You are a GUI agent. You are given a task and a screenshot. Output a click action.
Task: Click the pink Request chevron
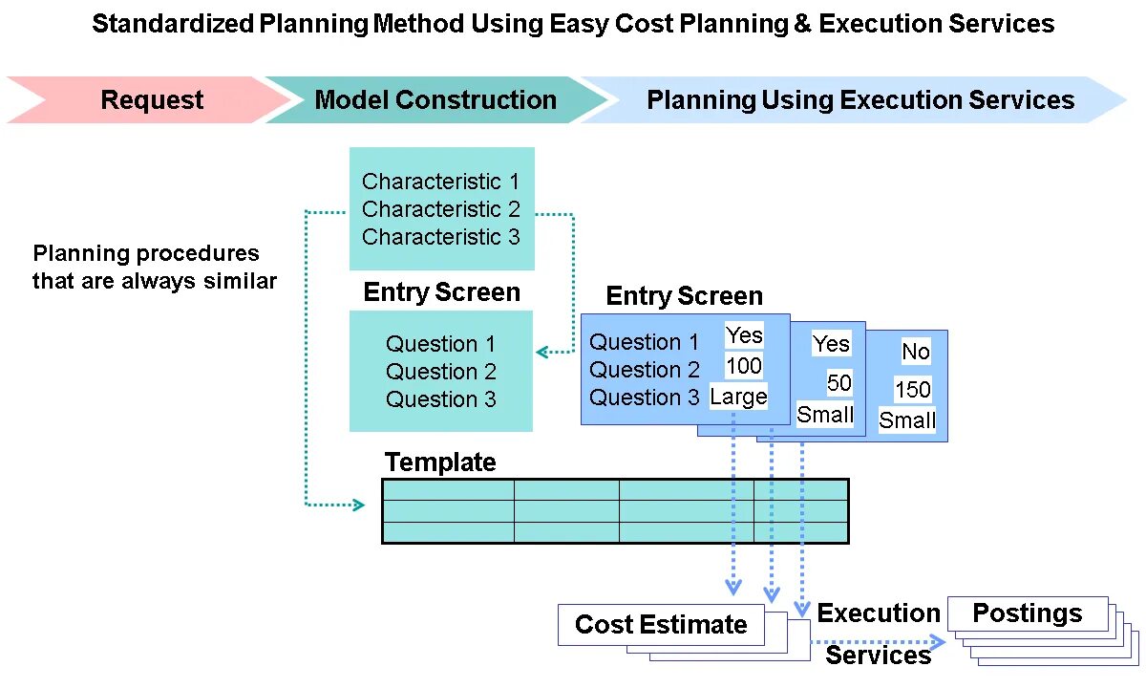tap(152, 100)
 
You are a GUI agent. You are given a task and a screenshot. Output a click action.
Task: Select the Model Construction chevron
tap(435, 100)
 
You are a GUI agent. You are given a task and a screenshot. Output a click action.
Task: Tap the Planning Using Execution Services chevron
tap(859, 100)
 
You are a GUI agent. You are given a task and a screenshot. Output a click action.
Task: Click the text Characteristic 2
tap(440, 209)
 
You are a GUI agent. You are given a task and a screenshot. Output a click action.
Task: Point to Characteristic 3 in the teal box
tap(440, 237)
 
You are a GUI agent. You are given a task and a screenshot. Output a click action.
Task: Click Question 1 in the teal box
tap(440, 344)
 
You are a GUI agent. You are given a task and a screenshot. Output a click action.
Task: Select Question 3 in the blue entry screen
tap(644, 398)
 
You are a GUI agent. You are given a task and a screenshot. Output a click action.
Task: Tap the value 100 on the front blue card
tap(744, 365)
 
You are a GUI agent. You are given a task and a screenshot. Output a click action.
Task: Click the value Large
tap(738, 397)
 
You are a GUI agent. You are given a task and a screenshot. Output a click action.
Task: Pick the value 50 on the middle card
tap(838, 383)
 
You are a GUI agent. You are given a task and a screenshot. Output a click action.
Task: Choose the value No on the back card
tap(915, 352)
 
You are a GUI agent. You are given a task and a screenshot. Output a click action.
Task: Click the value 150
tap(912, 390)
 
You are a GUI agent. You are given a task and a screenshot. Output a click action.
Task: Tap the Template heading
tap(440, 462)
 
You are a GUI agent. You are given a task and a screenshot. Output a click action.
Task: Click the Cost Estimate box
tap(661, 625)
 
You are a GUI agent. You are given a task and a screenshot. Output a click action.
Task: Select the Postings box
tap(1028, 613)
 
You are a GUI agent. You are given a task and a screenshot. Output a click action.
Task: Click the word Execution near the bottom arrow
tap(879, 613)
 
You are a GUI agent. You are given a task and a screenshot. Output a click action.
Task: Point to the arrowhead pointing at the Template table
tap(359, 505)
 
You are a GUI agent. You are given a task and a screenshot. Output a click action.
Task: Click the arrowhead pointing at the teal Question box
tap(541, 352)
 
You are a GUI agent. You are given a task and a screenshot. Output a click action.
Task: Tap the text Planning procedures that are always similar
tap(154, 268)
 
